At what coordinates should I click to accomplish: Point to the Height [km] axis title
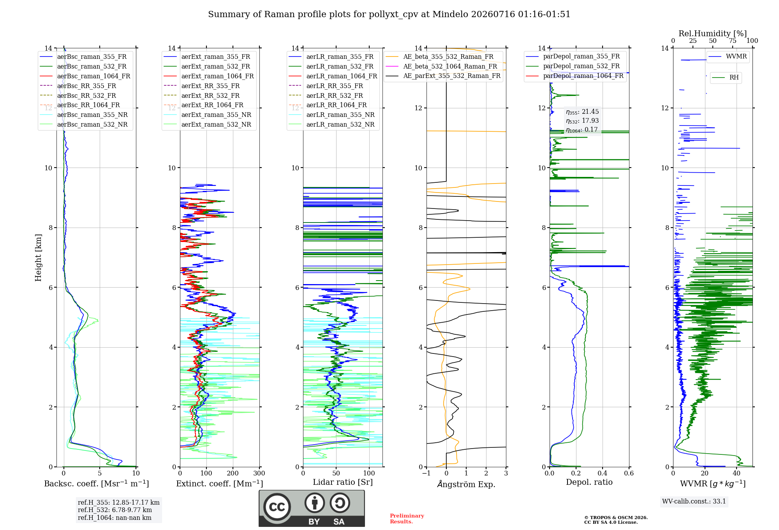tap(38, 258)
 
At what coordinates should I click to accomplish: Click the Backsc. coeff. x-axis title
tap(97, 484)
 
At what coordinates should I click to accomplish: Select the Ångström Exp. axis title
tap(466, 484)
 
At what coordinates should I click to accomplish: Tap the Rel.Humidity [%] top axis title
tap(713, 34)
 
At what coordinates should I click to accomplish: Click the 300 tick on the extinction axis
tap(259, 473)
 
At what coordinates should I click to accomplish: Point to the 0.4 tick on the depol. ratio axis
tap(602, 473)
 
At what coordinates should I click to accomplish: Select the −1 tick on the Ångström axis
tap(426, 473)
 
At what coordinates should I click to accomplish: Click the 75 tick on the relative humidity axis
tap(733, 41)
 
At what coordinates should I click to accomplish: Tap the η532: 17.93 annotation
tap(582, 121)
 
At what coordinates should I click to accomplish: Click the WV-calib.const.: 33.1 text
tap(694, 501)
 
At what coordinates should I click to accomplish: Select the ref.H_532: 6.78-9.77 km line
tap(115, 510)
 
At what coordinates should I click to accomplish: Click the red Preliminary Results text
tap(407, 519)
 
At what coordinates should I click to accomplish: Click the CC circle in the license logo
tap(277, 507)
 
